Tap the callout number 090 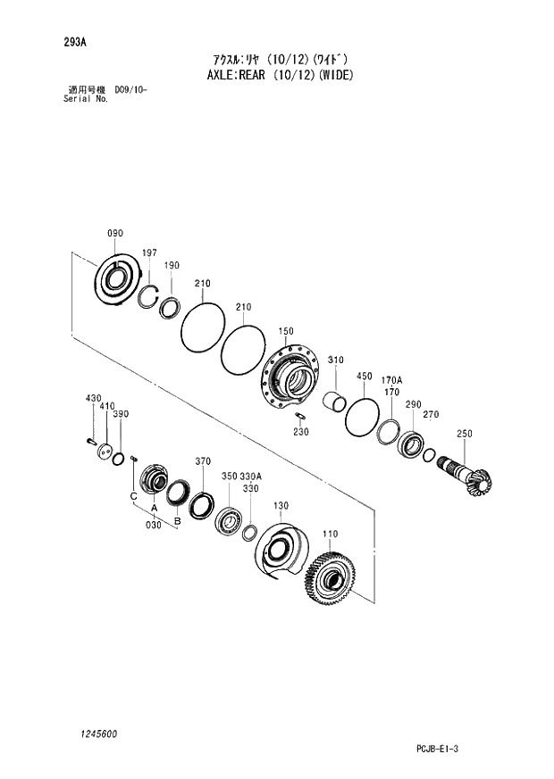(115, 234)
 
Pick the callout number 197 (149, 253)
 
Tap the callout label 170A (391, 379)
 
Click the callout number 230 (302, 433)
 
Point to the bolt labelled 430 (90, 438)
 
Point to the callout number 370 (203, 461)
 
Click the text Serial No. (86, 99)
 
